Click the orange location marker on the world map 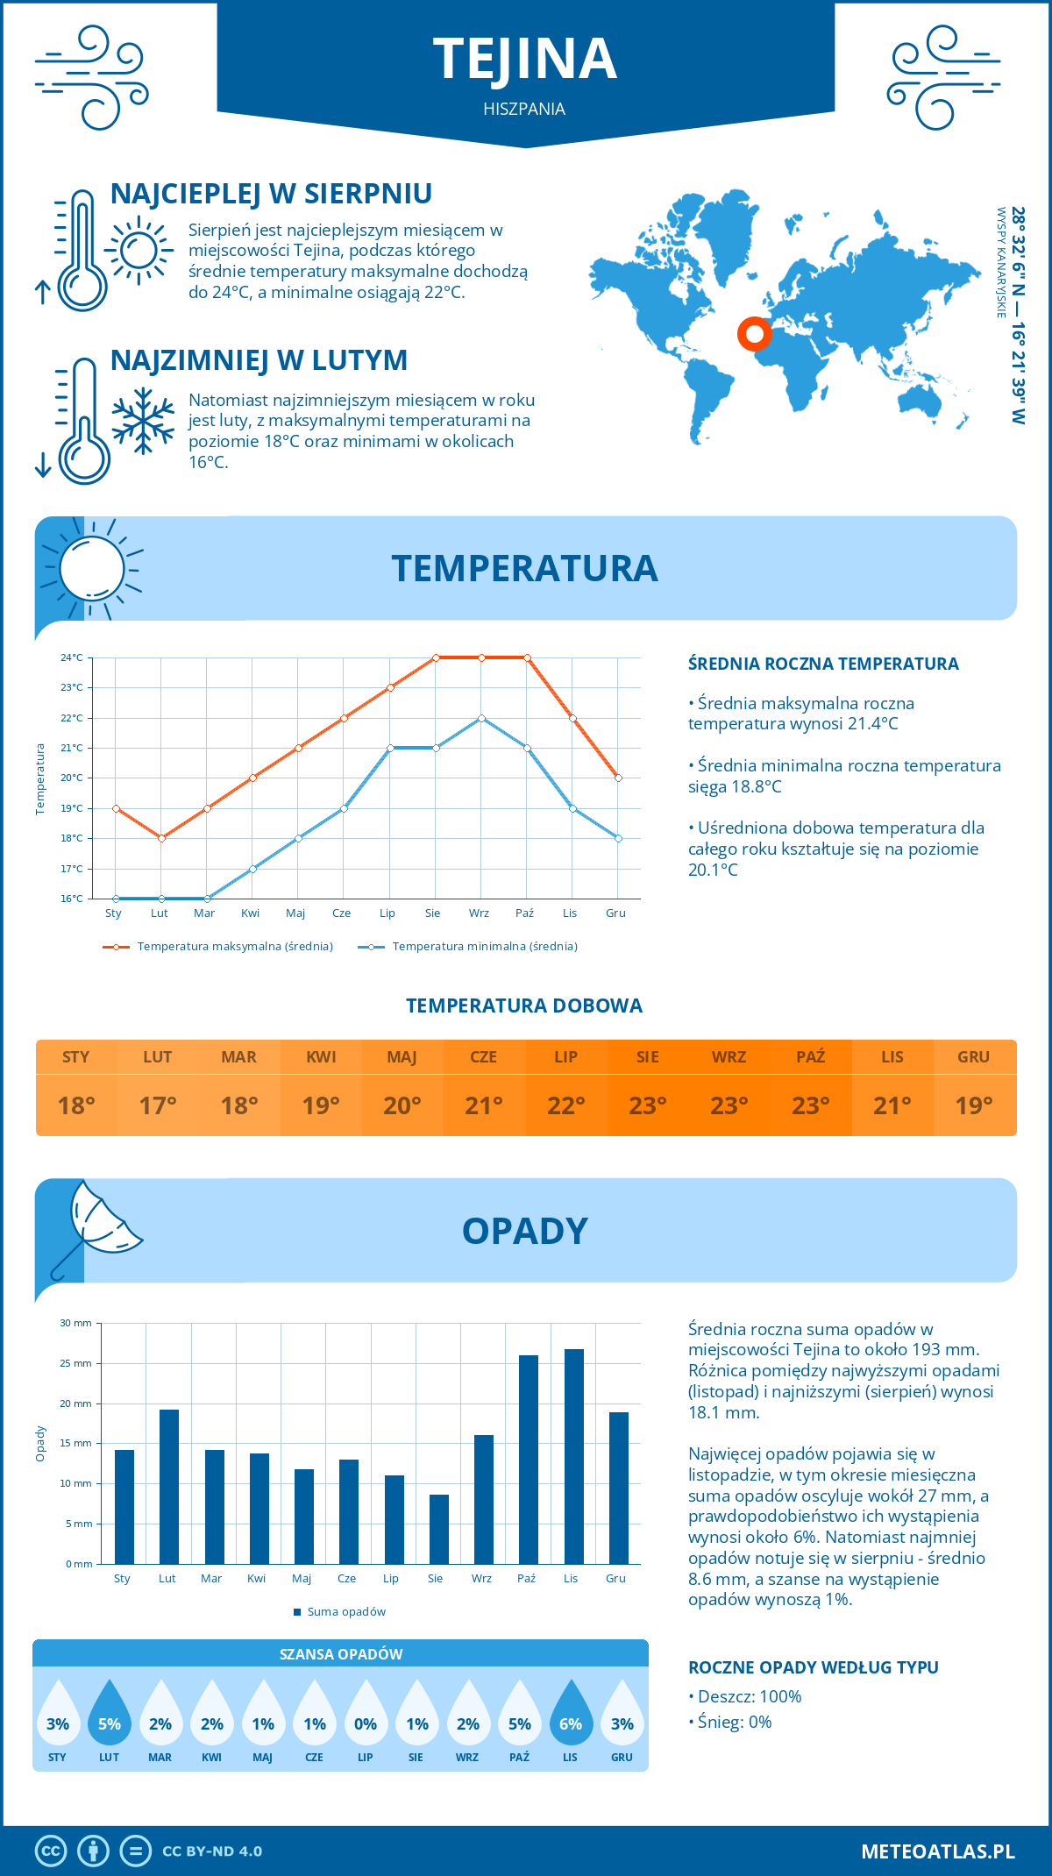coord(754,333)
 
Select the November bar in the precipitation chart coord(574,1456)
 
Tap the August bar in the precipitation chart coord(438,1529)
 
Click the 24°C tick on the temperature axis coord(72,657)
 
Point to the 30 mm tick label coord(76,1323)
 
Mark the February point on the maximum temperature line coord(161,838)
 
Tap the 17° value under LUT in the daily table coord(158,1105)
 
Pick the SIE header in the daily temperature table coord(647,1057)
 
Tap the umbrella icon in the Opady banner coord(95,1227)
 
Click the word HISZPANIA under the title coord(524,109)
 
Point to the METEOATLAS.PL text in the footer coord(937,1851)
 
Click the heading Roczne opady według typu coord(813,1667)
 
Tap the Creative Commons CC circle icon coord(51,1851)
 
